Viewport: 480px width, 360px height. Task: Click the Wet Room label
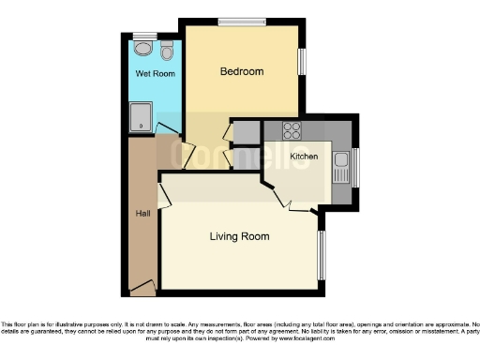pos(155,73)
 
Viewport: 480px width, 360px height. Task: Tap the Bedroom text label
pos(241,71)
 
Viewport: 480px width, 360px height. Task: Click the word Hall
pos(142,214)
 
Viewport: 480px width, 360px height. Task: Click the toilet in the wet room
pos(167,48)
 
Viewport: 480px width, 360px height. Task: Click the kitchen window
pos(355,167)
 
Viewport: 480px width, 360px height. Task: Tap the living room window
pos(322,254)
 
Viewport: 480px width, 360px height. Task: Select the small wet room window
pos(144,35)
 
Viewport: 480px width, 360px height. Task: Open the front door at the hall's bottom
pos(142,286)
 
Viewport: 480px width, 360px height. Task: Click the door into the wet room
pos(167,130)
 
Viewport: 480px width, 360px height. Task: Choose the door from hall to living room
pos(165,195)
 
